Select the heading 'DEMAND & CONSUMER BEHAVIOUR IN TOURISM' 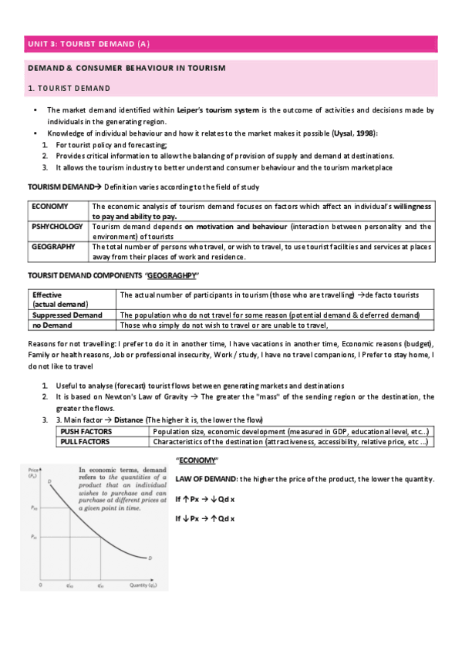click(126, 69)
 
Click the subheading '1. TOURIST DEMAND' click(69, 88)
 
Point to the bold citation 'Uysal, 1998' click(354, 133)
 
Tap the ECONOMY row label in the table click(50, 207)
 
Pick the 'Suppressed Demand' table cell click(67, 315)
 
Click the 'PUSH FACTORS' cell click(86, 431)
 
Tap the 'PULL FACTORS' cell click(86, 442)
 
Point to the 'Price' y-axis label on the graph click(33, 470)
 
